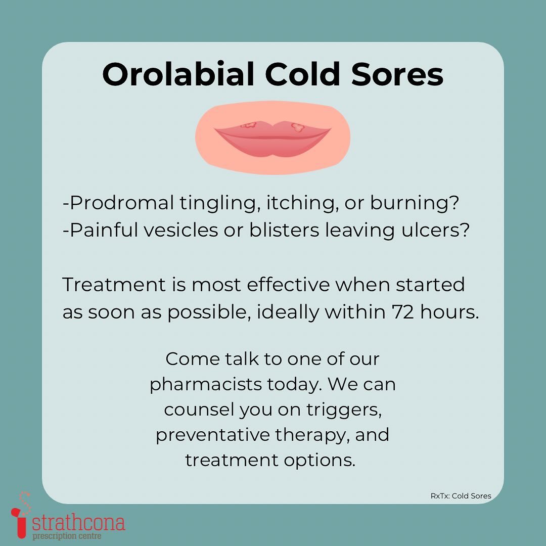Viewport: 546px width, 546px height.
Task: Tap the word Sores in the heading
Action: click(x=397, y=74)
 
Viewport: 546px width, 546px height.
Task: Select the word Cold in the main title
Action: click(x=303, y=74)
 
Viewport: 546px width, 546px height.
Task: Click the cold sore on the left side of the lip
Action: click(x=249, y=125)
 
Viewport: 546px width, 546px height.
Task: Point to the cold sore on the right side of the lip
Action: click(x=298, y=128)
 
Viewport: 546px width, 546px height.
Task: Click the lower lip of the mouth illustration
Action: click(x=272, y=146)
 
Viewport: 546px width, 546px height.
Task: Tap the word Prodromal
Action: click(x=122, y=203)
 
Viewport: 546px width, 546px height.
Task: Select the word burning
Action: click(x=415, y=204)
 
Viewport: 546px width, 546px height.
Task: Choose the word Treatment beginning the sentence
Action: click(x=114, y=285)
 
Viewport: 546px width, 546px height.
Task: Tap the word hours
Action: click(x=449, y=311)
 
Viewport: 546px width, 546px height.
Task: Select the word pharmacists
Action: click(x=206, y=385)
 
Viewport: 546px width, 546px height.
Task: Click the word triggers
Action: click(x=344, y=410)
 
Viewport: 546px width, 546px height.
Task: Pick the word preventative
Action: click(x=213, y=435)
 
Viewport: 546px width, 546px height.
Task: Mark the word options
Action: click(x=320, y=461)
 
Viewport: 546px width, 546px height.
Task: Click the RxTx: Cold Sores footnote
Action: click(x=461, y=496)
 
